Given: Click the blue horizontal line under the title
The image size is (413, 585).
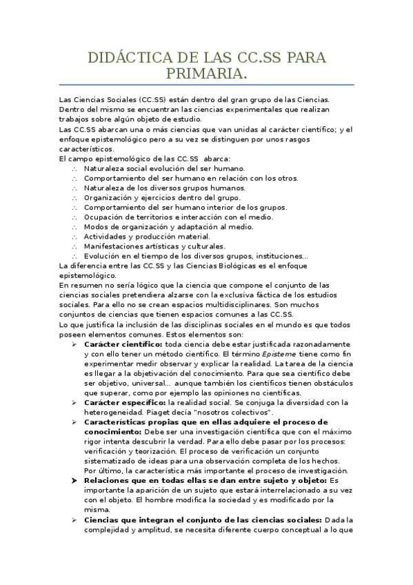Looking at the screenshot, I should [206, 85].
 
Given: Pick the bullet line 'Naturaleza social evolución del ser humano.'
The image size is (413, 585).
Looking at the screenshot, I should [164, 168].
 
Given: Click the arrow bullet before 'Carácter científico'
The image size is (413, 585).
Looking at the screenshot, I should [74, 344].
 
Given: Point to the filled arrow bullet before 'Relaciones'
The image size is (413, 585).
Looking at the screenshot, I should [74, 480].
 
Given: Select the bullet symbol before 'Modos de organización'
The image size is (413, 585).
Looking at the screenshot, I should [74, 227].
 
